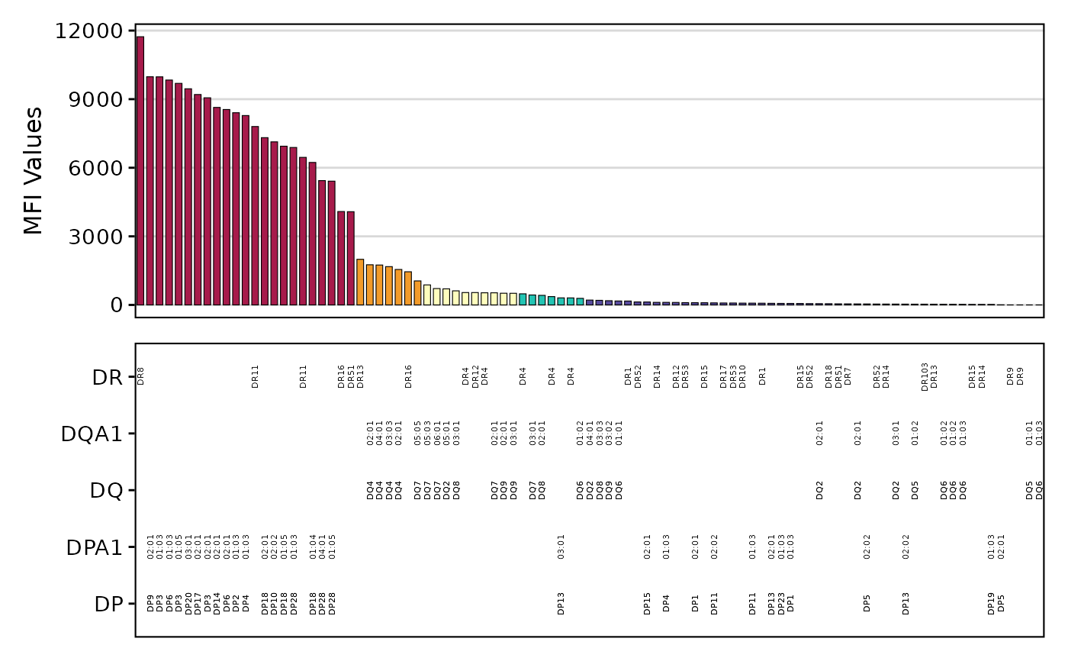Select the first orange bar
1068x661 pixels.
point(360,282)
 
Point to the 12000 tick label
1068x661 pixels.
point(89,31)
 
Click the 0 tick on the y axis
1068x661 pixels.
point(116,305)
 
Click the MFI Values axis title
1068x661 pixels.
point(33,170)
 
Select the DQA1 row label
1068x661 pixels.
point(92,434)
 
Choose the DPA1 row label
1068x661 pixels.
point(94,547)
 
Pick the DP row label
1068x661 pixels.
point(108,604)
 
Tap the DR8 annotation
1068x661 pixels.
point(140,376)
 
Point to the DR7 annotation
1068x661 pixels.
point(848,376)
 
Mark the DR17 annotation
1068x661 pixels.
point(723,376)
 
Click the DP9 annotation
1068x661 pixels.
point(150,604)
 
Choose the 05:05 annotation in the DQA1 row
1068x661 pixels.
point(417,433)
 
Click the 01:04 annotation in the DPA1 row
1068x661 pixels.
point(313,547)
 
